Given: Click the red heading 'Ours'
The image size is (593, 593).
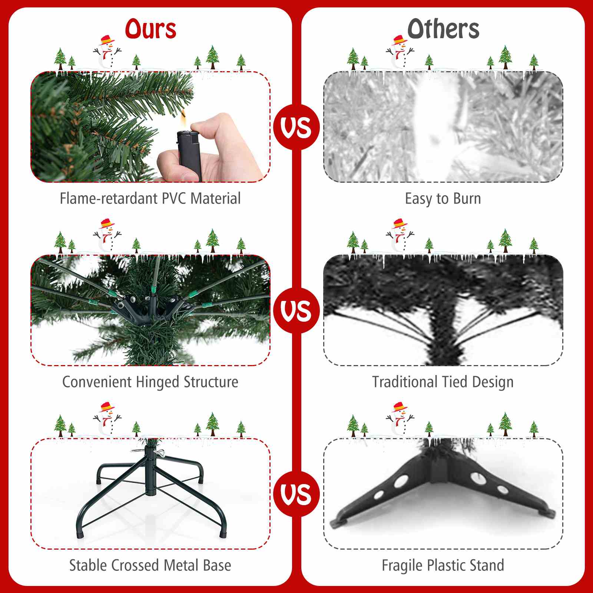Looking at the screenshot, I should [150, 29].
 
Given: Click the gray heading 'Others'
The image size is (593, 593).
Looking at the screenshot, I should [443, 29].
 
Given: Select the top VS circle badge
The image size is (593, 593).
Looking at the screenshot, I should [296, 127].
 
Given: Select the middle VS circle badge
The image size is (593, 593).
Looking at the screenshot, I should [296, 310].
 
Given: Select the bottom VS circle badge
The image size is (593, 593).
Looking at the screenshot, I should [296, 494].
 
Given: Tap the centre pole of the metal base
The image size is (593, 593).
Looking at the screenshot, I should [150, 471].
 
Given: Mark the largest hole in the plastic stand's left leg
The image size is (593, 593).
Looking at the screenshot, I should [401, 482].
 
